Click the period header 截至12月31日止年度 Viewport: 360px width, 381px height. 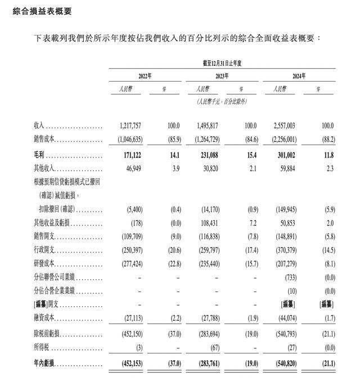tap(222, 63)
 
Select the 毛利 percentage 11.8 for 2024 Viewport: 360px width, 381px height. tap(327, 155)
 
